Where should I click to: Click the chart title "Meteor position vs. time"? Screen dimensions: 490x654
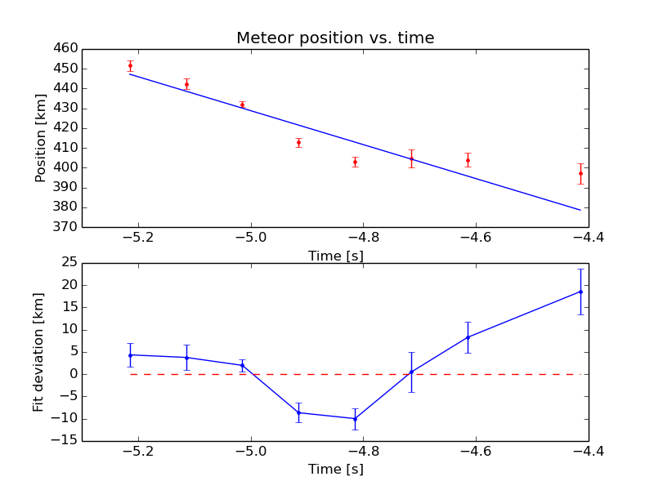(x=335, y=38)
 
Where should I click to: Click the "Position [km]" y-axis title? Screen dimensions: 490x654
(x=40, y=137)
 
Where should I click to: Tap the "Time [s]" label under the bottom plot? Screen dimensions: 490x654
(x=335, y=470)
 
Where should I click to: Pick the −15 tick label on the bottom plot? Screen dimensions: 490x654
(x=67, y=441)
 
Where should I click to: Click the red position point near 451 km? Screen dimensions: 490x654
(x=130, y=66)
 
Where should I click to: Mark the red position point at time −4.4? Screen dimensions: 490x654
(x=580, y=173)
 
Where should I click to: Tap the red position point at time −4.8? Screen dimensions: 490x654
(x=355, y=162)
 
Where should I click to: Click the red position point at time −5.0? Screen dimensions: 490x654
(x=242, y=105)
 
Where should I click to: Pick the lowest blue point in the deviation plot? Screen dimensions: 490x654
(x=355, y=418)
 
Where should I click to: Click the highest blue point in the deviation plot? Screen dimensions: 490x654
(x=580, y=292)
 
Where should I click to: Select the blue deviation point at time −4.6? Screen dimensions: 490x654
(x=468, y=337)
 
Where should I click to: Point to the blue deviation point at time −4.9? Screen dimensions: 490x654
(x=298, y=412)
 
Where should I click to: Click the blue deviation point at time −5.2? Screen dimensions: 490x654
(x=130, y=354)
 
